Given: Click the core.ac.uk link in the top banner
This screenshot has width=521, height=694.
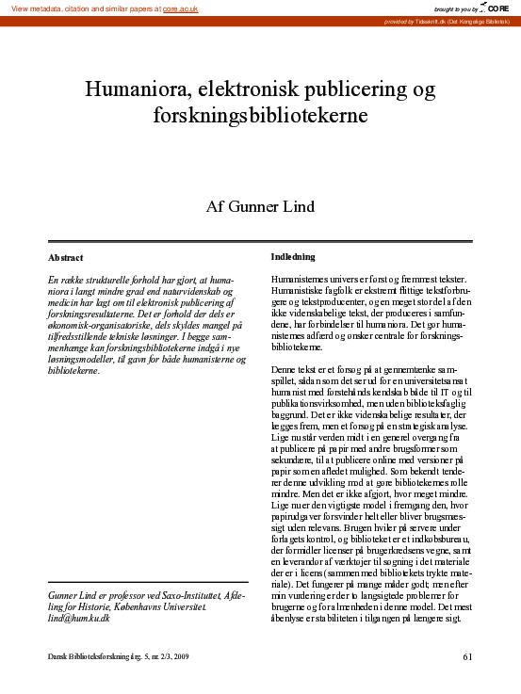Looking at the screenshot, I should (x=181, y=8).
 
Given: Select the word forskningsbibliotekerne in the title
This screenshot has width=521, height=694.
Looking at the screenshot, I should (x=260, y=117).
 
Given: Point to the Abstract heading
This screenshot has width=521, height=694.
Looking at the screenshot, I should (x=65, y=257).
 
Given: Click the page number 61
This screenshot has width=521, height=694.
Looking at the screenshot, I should (x=468, y=656).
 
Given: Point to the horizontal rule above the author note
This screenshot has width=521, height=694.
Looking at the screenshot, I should (x=147, y=582).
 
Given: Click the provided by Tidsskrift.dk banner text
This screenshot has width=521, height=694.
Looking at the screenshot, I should (x=446, y=21).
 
